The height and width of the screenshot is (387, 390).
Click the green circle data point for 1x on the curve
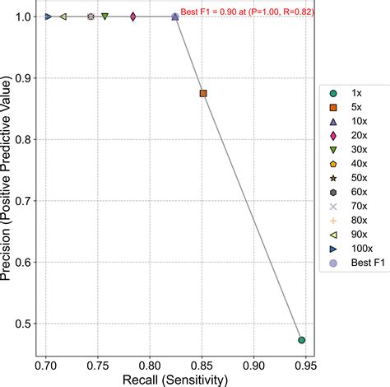pos(302,339)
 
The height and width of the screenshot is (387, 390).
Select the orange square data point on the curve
pos(203,93)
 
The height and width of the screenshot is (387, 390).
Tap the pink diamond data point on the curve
pos(132,16)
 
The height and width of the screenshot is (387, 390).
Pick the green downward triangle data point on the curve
pos(104,16)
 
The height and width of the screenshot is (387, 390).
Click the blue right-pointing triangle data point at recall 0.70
pos(48,16)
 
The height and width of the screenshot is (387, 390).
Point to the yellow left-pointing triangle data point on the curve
pos(63,16)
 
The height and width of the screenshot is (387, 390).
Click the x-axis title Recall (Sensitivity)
pos(175,379)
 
